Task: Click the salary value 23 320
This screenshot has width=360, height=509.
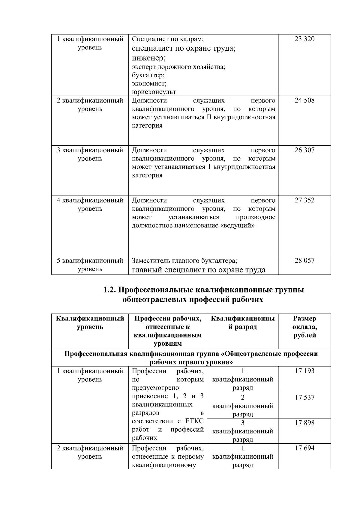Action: point(304,39)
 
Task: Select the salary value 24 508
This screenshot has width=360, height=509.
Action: point(304,100)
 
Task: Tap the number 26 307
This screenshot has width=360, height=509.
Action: point(304,150)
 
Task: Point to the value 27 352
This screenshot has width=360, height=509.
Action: point(304,200)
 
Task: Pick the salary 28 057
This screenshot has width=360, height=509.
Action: point(304,260)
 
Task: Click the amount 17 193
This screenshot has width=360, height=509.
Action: point(304,371)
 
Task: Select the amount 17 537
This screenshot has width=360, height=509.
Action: point(304,397)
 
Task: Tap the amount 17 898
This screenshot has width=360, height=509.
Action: point(304,423)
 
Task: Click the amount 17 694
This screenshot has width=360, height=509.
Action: point(304,448)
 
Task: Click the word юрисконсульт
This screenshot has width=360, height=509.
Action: point(154,92)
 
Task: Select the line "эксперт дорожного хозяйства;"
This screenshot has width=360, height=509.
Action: point(178,67)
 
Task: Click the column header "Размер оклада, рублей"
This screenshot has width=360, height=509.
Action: point(304,327)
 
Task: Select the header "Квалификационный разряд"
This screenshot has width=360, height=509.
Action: point(242,323)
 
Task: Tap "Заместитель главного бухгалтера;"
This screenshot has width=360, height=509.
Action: point(185,260)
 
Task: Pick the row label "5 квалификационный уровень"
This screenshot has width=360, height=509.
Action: point(90,265)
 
